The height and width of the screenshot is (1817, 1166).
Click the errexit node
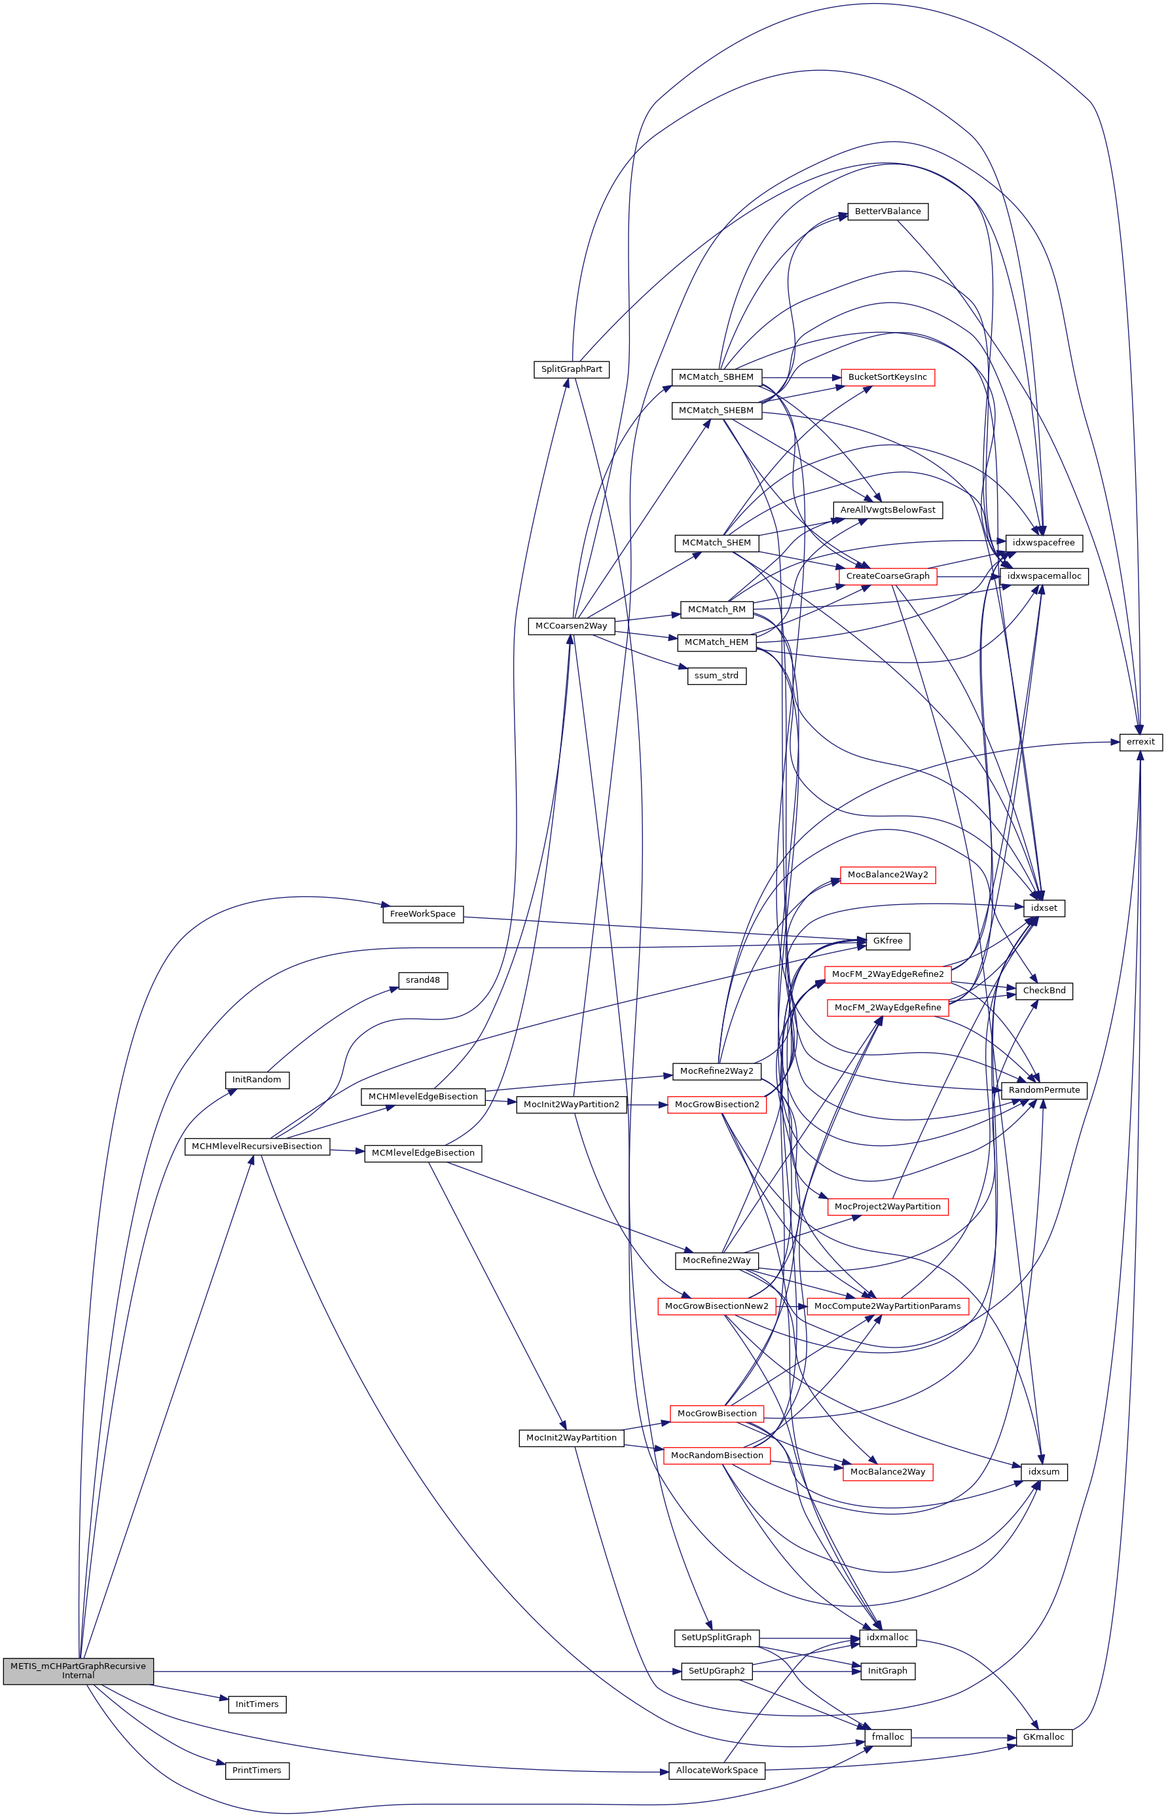pyautogui.click(x=1140, y=741)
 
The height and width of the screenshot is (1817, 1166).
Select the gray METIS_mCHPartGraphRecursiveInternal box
pyautogui.click(x=78, y=1670)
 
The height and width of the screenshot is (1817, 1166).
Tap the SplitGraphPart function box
pyautogui.click(x=572, y=369)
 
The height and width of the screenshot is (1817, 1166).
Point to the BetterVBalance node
pyautogui.click(x=887, y=211)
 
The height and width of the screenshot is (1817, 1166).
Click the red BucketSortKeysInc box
pyautogui.click(x=887, y=377)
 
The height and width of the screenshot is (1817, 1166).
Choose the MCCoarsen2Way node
pyautogui.click(x=571, y=625)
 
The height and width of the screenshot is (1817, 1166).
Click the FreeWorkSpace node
pyautogui.click(x=422, y=914)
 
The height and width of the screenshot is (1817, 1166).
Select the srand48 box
pyautogui.click(x=422, y=980)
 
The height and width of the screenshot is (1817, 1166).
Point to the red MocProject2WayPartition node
pyautogui.click(x=887, y=1206)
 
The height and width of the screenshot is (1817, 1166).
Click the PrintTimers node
pyautogui.click(x=257, y=1770)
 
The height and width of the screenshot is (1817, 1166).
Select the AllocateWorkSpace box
pyautogui.click(x=716, y=1770)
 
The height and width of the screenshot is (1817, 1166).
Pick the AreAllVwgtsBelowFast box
pyautogui.click(x=887, y=509)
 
